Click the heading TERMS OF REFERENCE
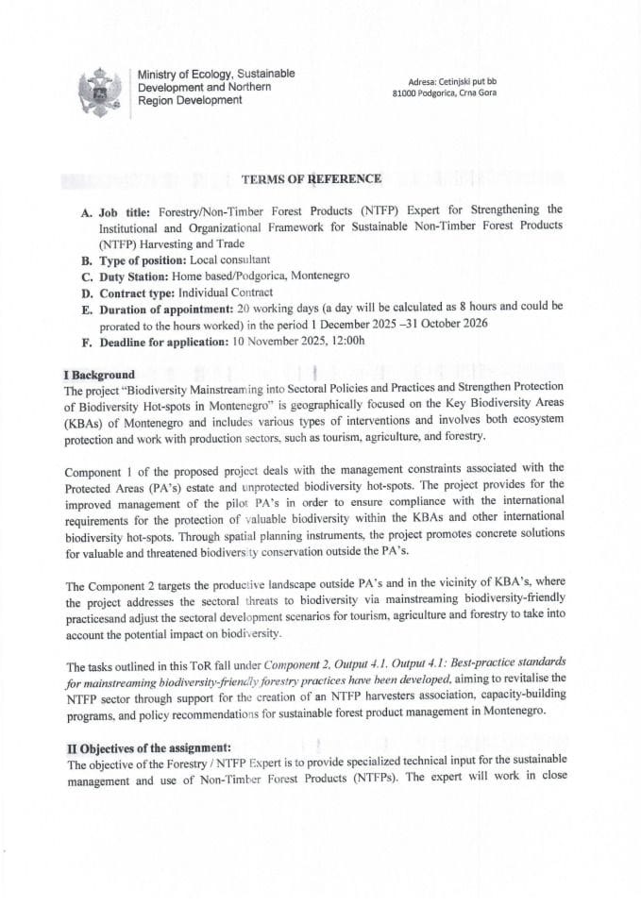pyautogui.click(x=312, y=178)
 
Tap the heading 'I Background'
pyautogui.click(x=99, y=375)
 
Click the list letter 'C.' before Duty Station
pyautogui.click(x=87, y=275)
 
